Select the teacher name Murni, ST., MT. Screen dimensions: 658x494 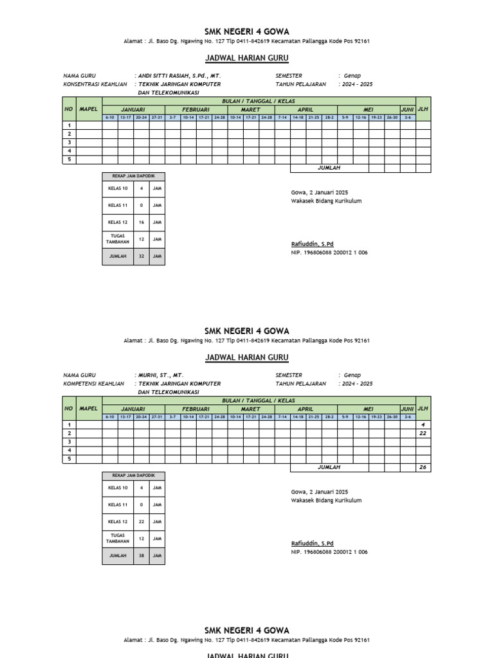(161, 375)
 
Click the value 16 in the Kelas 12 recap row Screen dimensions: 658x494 (142, 222)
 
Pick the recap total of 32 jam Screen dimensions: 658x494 (142, 256)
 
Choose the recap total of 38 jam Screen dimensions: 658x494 (142, 555)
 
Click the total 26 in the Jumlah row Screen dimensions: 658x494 (423, 467)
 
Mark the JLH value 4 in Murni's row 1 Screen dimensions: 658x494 (423, 425)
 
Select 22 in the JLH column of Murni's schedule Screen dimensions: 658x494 (423, 433)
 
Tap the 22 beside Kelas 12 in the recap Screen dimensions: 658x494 (142, 521)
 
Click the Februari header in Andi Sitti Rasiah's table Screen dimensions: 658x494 (196, 110)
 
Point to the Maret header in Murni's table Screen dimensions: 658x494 (250, 409)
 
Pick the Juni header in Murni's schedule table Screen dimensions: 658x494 (407, 409)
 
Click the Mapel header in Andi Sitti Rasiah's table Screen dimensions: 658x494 (88, 109)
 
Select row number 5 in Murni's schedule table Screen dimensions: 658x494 (69, 459)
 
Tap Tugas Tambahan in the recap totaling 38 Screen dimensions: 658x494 (118, 538)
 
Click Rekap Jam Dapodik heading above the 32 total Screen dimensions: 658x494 (133, 175)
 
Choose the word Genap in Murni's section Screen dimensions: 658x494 (352, 375)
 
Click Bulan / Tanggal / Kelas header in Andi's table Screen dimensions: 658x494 (250, 102)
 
